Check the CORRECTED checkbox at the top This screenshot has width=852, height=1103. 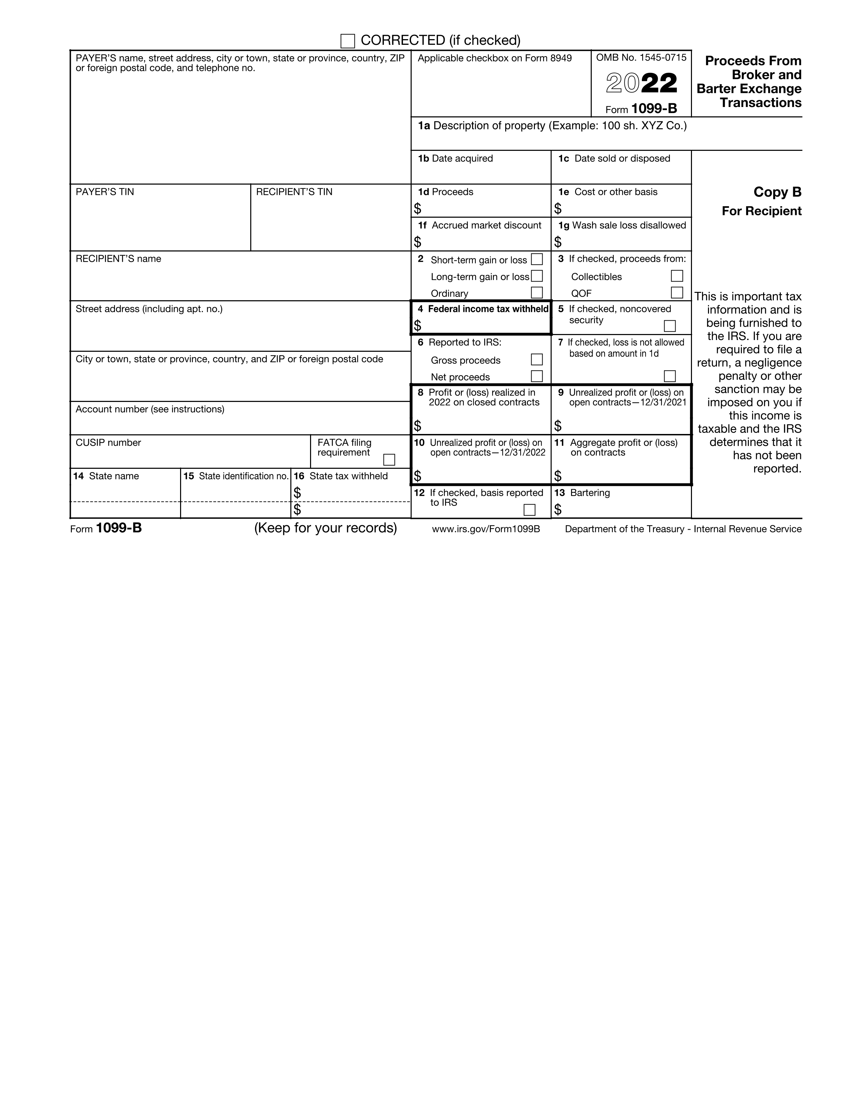point(347,41)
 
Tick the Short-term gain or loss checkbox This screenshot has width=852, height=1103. point(537,259)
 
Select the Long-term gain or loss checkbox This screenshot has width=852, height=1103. point(537,276)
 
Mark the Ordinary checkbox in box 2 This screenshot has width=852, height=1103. point(537,293)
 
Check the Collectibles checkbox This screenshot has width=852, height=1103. point(677,276)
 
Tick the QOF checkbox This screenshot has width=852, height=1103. point(677,293)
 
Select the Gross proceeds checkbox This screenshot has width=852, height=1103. point(537,359)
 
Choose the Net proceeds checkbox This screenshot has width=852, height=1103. point(537,376)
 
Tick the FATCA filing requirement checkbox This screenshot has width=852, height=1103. point(389,460)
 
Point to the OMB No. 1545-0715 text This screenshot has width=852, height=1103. point(641,58)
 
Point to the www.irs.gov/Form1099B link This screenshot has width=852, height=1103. point(486,529)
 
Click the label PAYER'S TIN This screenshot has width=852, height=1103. point(105,192)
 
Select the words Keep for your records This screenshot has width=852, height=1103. point(325,528)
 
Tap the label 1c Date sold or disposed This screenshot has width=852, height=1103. point(614,158)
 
